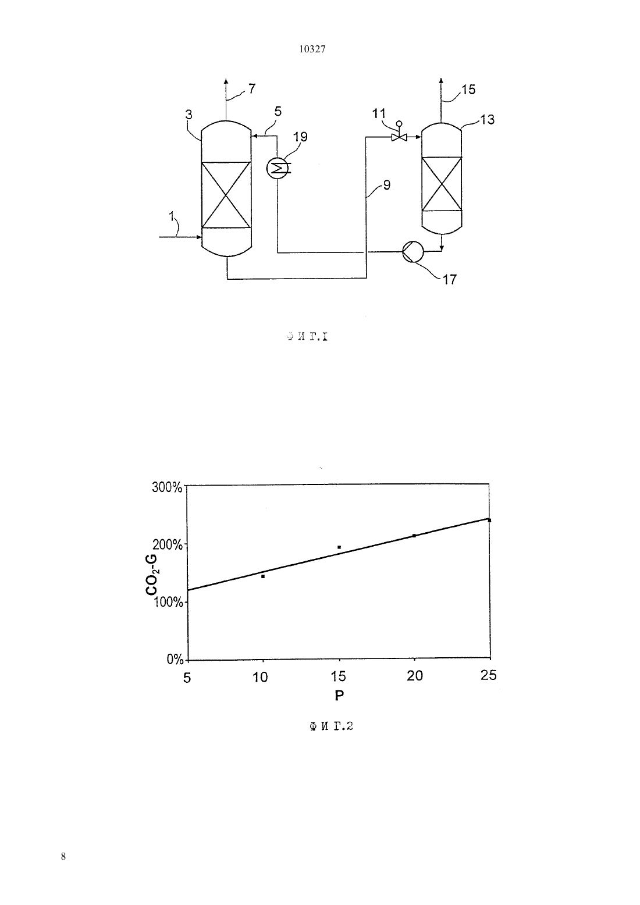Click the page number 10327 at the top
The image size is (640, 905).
point(312,49)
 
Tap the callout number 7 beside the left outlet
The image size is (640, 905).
point(252,89)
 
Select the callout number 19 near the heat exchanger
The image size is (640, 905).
point(300,137)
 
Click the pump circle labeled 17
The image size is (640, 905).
point(413,252)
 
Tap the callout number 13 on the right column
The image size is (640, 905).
point(487,120)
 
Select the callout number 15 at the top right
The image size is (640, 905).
point(468,90)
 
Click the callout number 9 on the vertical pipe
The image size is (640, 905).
point(387,186)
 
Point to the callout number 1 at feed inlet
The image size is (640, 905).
point(171,217)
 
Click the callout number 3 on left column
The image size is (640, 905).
point(189,115)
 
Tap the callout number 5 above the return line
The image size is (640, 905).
point(278,111)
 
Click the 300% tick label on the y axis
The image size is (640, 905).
point(167,487)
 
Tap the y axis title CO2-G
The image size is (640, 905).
point(152,575)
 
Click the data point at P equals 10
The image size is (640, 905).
point(263,576)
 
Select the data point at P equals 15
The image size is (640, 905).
point(339,547)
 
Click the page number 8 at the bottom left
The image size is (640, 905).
point(63,856)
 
